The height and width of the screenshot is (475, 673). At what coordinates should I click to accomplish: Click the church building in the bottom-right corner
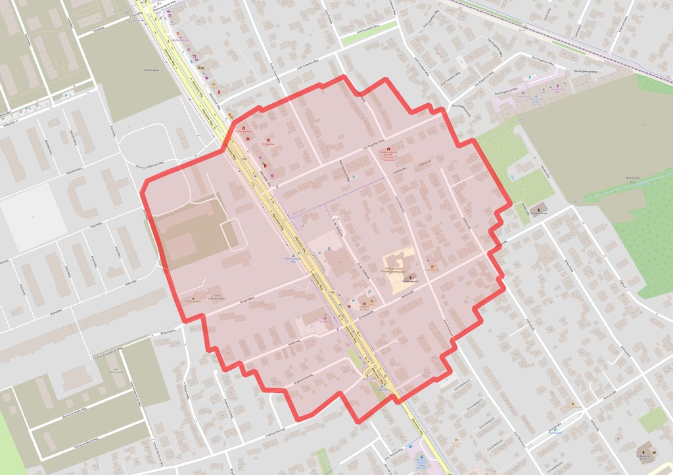point(645,453)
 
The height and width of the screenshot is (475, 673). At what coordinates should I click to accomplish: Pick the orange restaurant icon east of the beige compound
point(432,267)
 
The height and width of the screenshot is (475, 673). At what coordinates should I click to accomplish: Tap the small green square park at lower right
point(653,419)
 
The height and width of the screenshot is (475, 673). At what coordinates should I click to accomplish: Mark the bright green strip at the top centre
point(369,33)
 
